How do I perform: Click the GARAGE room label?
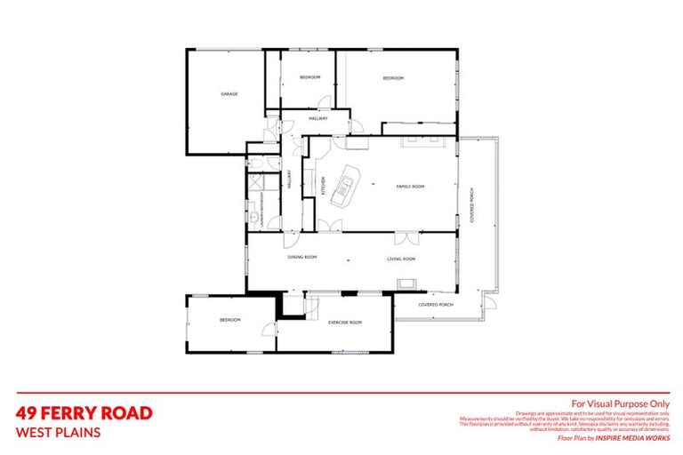click(x=229, y=94)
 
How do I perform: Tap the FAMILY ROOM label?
click(x=411, y=187)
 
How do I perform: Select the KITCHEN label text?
click(x=323, y=187)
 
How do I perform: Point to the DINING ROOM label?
click(x=302, y=259)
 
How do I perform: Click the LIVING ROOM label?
click(x=401, y=259)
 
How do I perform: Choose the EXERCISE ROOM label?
click(x=344, y=322)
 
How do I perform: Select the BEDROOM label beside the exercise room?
click(x=230, y=320)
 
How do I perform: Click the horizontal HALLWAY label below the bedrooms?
click(x=318, y=118)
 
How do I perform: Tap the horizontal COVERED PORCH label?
click(x=436, y=305)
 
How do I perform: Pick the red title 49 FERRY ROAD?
click(x=84, y=413)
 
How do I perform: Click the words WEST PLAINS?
click(x=59, y=434)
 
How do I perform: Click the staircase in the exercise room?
click(x=311, y=307)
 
